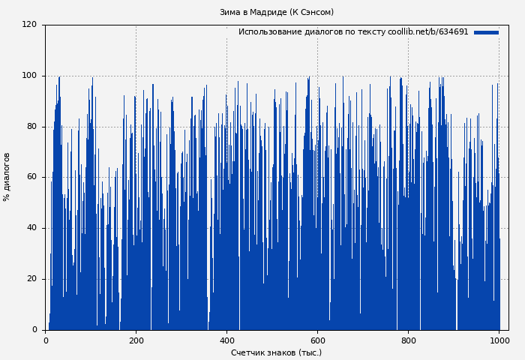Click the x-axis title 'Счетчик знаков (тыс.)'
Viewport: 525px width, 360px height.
tap(276, 352)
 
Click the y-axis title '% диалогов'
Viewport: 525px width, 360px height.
tap(7, 177)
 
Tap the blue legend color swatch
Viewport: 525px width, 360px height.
tap(486, 32)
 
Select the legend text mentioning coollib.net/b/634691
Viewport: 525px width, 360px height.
tap(353, 32)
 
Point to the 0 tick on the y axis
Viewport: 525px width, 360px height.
tap(34, 330)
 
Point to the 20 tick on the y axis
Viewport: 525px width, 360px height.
tap(32, 279)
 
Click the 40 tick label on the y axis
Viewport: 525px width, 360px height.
tap(32, 228)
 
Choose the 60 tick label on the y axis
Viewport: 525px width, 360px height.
tap(32, 177)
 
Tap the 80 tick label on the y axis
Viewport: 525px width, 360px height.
tap(32, 126)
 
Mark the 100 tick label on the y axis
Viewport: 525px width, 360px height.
tap(30, 76)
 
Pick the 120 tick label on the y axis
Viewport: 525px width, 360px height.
tap(30, 25)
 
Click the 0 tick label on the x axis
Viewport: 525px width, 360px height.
tap(46, 340)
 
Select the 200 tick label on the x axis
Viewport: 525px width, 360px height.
tap(136, 340)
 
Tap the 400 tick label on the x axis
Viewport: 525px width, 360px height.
tap(227, 340)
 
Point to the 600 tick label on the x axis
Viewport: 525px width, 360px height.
tap(317, 340)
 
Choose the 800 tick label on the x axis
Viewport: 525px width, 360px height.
tap(408, 340)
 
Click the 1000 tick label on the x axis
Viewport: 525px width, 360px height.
tap(499, 340)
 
